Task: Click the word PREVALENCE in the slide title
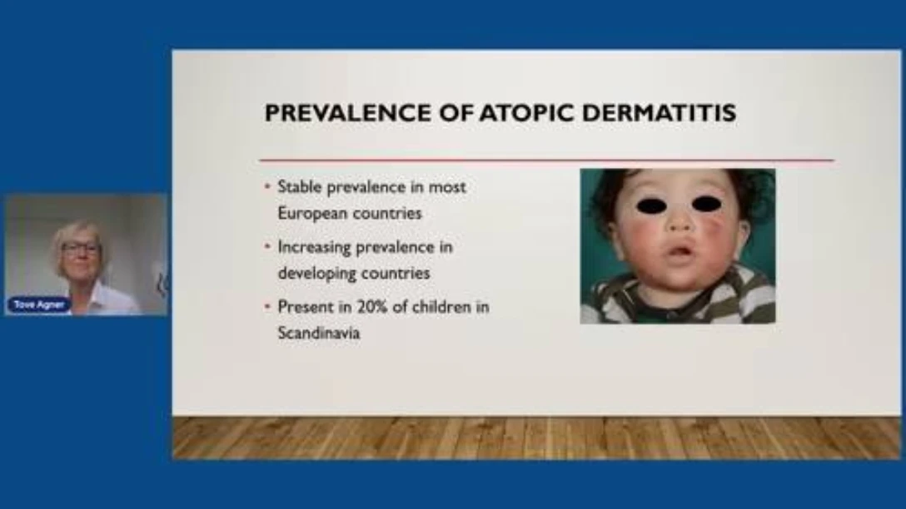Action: pos(348,113)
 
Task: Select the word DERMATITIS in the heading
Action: pos(660,113)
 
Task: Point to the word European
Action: pos(311,214)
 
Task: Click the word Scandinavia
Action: pos(319,333)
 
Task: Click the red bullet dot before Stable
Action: pos(267,186)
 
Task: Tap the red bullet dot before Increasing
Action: pos(267,246)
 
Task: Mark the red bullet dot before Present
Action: pos(267,306)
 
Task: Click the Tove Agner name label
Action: pos(39,304)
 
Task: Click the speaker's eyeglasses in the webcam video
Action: pos(80,250)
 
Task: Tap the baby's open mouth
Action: pos(682,252)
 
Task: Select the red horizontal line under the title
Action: pos(546,160)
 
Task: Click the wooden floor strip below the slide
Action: pos(536,438)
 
